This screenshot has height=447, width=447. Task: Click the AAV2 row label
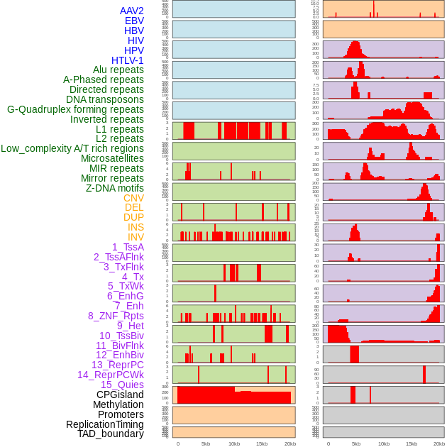click(132, 11)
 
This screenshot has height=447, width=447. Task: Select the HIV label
click(136, 40)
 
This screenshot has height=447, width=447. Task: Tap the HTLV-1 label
click(128, 60)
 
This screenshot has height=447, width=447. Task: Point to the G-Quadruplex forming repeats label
click(75, 109)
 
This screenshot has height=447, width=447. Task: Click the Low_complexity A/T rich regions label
click(72, 148)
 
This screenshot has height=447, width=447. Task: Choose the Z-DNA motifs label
click(115, 188)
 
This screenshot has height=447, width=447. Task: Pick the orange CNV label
click(133, 198)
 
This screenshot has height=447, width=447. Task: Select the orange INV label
click(136, 237)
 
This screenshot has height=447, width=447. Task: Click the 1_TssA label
click(128, 247)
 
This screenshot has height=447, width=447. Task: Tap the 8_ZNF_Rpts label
click(116, 316)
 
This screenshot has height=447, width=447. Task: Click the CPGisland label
click(120, 394)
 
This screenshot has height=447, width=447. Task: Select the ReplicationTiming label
click(105, 424)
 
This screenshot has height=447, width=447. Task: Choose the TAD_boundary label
click(111, 434)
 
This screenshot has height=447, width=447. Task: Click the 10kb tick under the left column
click(234, 443)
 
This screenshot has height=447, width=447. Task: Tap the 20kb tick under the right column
click(441, 443)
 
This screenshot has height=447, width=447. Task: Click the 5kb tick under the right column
click(356, 443)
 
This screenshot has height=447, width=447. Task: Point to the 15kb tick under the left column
click(262, 443)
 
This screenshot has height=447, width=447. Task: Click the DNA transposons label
click(105, 99)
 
